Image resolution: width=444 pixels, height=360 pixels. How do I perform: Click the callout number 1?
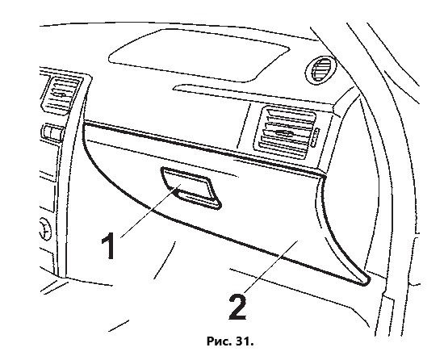pyautogui.click(x=108, y=245)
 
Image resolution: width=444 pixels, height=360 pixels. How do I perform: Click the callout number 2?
pyautogui.click(x=237, y=307)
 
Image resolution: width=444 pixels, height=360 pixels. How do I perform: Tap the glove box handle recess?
pyautogui.click(x=191, y=188)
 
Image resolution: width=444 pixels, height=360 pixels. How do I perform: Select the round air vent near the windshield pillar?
pyautogui.click(x=320, y=70)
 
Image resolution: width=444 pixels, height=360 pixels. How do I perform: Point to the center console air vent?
pyautogui.click(x=61, y=94)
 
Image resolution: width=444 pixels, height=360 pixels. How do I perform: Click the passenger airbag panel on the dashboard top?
pyautogui.click(x=199, y=56)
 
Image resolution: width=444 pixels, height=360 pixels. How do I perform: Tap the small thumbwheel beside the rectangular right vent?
pyautogui.click(x=315, y=137)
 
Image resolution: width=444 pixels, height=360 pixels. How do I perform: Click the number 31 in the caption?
pyautogui.click(x=244, y=341)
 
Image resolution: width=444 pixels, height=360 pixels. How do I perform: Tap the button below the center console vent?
pyautogui.click(x=53, y=132)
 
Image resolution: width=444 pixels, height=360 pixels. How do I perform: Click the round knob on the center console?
pyautogui.click(x=45, y=229)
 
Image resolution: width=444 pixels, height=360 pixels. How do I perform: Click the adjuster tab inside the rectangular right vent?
pyautogui.click(x=284, y=132)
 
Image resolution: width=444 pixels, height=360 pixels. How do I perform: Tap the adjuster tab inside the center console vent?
pyautogui.click(x=61, y=94)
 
